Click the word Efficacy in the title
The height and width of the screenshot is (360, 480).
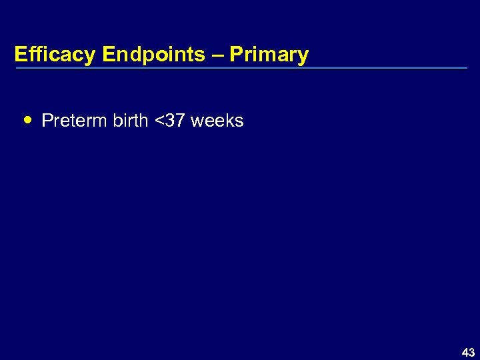[55, 55]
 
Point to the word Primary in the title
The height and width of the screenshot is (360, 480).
[269, 55]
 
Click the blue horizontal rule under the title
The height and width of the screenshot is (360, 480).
[241, 68]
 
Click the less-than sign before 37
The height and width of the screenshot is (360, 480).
[159, 121]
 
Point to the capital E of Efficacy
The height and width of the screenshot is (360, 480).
[20, 55]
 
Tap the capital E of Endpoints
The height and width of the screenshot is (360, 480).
[109, 55]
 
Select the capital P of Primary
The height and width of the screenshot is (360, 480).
[235, 55]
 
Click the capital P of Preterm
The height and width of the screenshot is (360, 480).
[47, 121]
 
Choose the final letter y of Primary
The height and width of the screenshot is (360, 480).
[303, 57]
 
